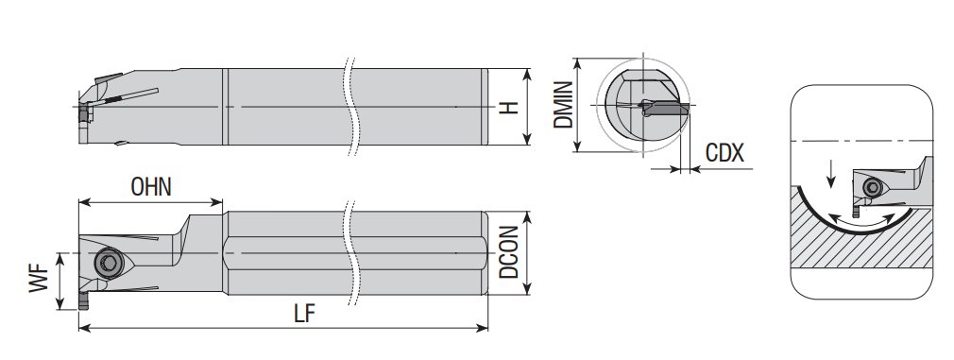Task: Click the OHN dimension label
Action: point(151,187)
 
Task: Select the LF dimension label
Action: point(305,314)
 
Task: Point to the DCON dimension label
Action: point(508,252)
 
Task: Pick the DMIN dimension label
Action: point(563,105)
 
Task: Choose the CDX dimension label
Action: point(724,153)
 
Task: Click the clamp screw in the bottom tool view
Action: point(109,264)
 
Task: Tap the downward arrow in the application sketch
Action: point(831,174)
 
